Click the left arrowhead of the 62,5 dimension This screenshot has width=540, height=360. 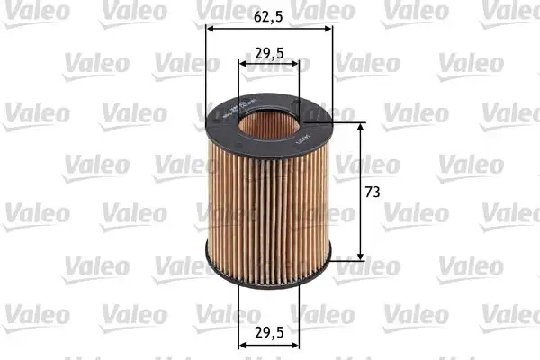211,28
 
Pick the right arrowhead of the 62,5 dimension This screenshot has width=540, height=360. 328,28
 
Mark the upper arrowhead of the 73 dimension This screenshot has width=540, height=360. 363,127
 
